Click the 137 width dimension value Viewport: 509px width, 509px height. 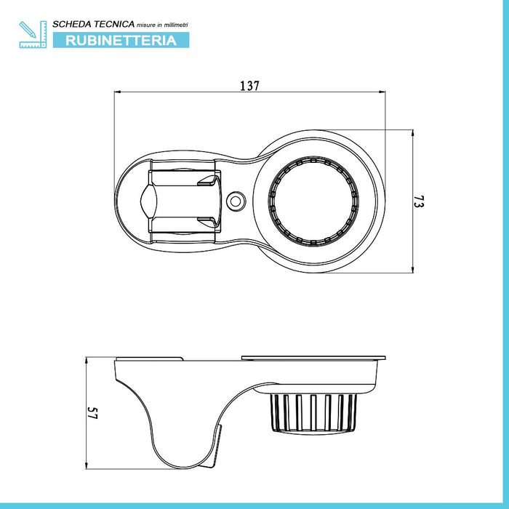click(x=249, y=86)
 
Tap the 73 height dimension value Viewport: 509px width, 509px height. click(x=419, y=201)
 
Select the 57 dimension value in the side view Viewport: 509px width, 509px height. click(x=92, y=413)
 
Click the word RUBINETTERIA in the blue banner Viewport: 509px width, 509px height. click(x=121, y=40)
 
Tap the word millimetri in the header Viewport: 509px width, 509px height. click(x=176, y=25)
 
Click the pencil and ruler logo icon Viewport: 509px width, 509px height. click(x=33, y=34)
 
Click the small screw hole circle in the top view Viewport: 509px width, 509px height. click(x=236, y=201)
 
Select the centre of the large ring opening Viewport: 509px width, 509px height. click(x=313, y=201)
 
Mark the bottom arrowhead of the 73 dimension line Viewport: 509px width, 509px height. click(x=412, y=270)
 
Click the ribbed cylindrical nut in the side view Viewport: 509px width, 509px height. click(x=313, y=413)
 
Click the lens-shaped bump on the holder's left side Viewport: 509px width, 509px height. click(x=148, y=201)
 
